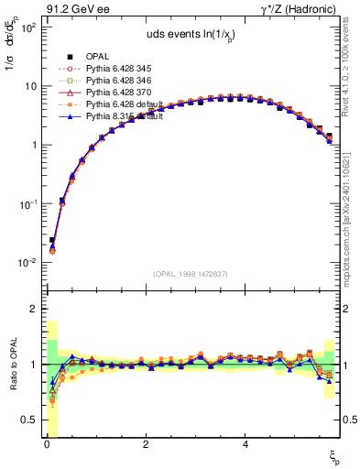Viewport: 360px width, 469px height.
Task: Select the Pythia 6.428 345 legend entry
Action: pyautogui.click(x=115, y=69)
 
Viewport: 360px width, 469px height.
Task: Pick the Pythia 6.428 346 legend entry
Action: pyautogui.click(x=115, y=81)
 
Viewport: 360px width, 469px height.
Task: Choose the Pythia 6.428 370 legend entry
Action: pyautogui.click(x=115, y=93)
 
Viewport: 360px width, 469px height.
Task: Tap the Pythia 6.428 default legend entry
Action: pyautogui.click(x=120, y=104)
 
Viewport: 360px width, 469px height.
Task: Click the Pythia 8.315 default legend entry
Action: pyautogui.click(x=120, y=116)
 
